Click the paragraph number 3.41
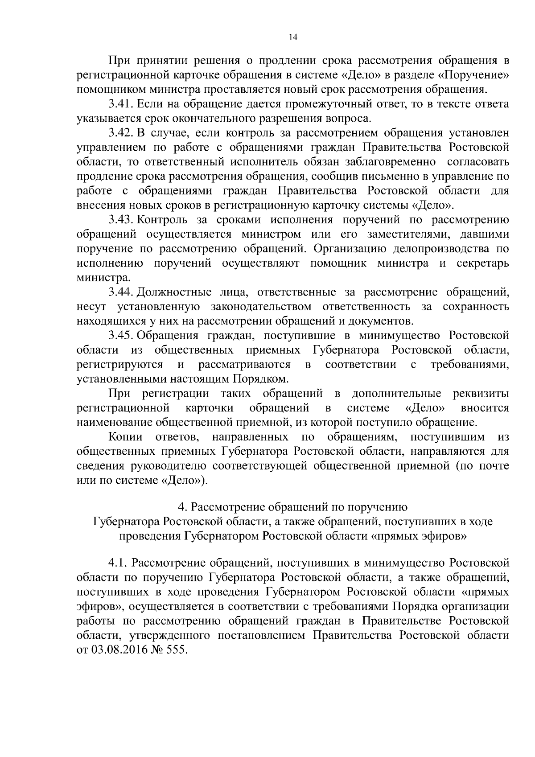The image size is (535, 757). tap(120, 104)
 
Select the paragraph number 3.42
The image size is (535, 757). tap(120, 133)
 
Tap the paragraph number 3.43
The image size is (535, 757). tap(120, 220)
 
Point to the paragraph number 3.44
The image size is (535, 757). tap(120, 292)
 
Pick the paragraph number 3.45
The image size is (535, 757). tap(120, 336)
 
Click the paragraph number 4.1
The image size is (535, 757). tap(117, 564)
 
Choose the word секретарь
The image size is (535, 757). tap(483, 263)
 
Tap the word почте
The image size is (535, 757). tap(494, 466)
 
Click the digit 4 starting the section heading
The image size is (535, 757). tap(181, 507)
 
